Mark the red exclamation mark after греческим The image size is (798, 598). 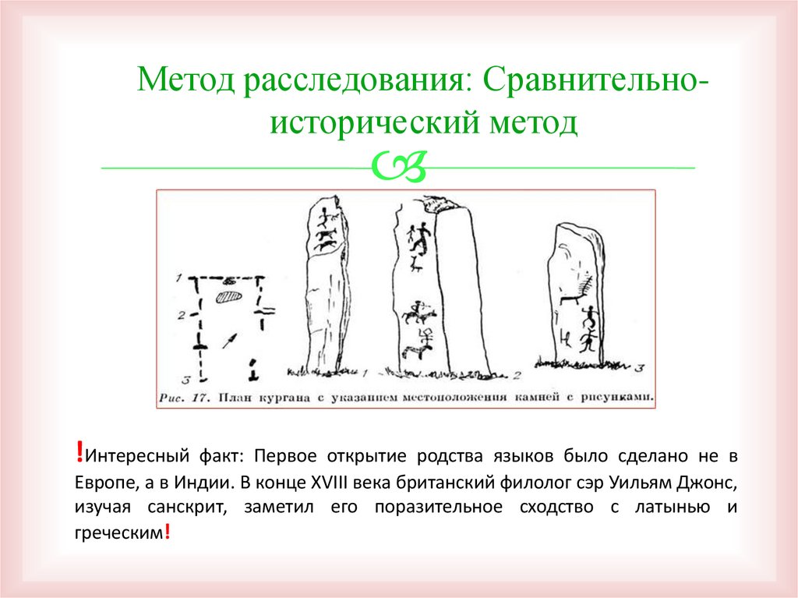point(167,533)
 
